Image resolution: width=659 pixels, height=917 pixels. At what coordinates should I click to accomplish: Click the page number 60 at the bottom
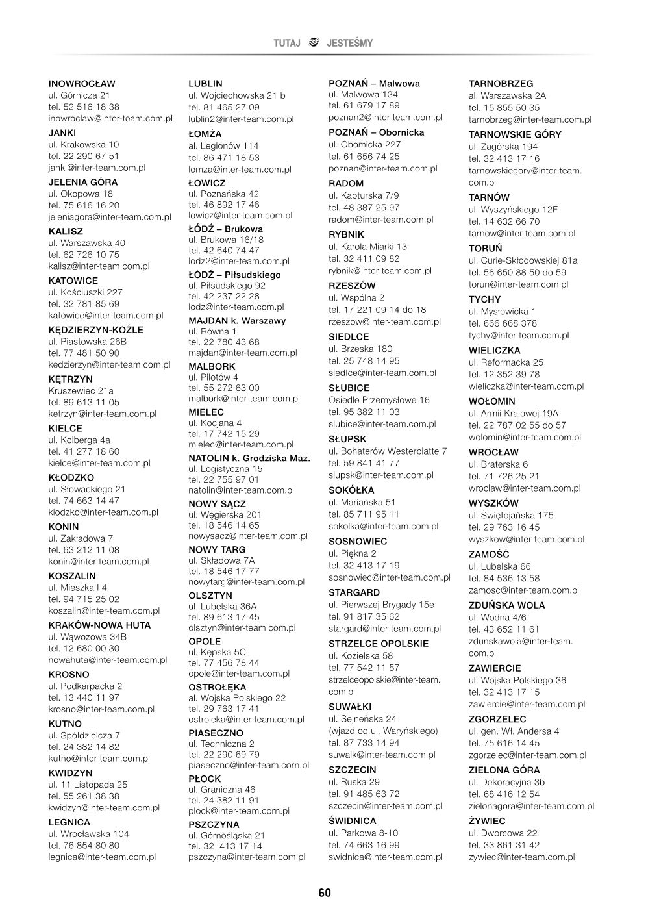[x=325, y=893]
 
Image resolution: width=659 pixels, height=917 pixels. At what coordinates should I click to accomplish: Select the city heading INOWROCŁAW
[x=82, y=84]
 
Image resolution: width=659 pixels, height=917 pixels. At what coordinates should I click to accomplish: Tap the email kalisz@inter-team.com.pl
[x=99, y=266]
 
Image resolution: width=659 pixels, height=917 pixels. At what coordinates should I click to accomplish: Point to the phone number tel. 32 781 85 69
[x=84, y=304]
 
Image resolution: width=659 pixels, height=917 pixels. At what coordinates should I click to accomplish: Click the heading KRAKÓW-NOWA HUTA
[x=99, y=625]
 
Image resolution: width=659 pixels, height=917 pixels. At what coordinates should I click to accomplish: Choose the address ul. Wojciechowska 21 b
[x=236, y=95]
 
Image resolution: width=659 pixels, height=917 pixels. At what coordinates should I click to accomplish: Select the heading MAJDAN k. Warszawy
[x=237, y=321]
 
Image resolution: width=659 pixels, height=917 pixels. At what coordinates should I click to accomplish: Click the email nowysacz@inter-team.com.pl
[x=247, y=536]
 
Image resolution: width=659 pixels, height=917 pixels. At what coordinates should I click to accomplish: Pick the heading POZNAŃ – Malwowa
[x=374, y=84]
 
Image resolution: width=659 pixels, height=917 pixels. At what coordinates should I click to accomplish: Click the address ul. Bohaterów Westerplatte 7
[x=388, y=451]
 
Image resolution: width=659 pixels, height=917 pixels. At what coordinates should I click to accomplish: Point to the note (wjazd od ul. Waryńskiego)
[x=383, y=731]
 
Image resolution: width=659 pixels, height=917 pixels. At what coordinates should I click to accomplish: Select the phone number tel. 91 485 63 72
[x=364, y=794]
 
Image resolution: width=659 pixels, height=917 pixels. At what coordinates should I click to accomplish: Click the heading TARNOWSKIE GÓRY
[x=515, y=134]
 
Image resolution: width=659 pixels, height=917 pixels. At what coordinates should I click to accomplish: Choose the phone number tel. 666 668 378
[x=503, y=323]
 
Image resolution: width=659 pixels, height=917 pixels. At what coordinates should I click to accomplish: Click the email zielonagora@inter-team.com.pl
[x=531, y=806]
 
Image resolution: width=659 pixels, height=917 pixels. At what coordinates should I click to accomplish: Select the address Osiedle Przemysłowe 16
[x=379, y=400]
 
